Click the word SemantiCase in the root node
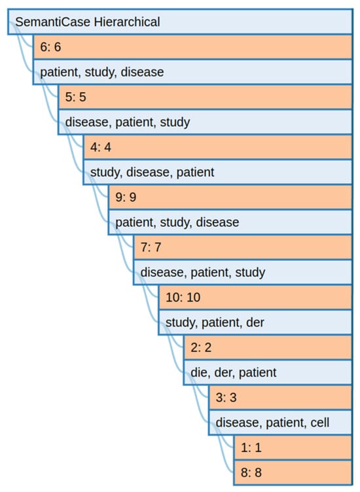point(52,22)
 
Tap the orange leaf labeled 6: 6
point(52,47)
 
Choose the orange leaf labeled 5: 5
point(77,97)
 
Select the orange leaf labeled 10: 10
point(183,297)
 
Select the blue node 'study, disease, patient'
point(152,172)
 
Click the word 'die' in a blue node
point(198,372)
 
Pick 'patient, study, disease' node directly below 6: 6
point(101,72)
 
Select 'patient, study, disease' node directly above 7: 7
point(177,222)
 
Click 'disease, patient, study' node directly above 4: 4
point(127,122)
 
